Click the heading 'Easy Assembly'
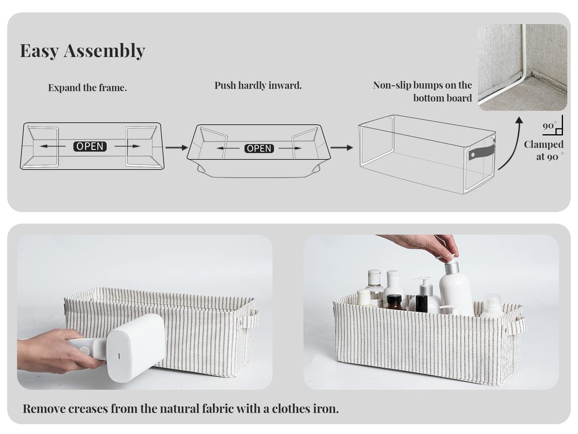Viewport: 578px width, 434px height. tap(82, 51)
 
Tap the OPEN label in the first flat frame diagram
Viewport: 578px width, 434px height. tap(90, 146)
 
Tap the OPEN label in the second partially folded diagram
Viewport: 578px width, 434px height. tap(259, 148)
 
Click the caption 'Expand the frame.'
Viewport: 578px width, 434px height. tap(87, 88)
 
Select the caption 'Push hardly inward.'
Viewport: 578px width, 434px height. tap(258, 86)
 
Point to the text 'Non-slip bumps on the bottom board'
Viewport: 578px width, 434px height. tap(423, 91)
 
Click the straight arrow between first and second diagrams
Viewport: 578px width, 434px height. tap(176, 148)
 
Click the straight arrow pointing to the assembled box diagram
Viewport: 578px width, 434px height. tap(342, 148)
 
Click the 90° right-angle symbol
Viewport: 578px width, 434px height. tap(553, 127)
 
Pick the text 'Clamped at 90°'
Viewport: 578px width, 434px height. tap(543, 150)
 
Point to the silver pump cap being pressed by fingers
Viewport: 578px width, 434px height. tap(451, 267)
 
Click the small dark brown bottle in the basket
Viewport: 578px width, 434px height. tap(394, 302)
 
